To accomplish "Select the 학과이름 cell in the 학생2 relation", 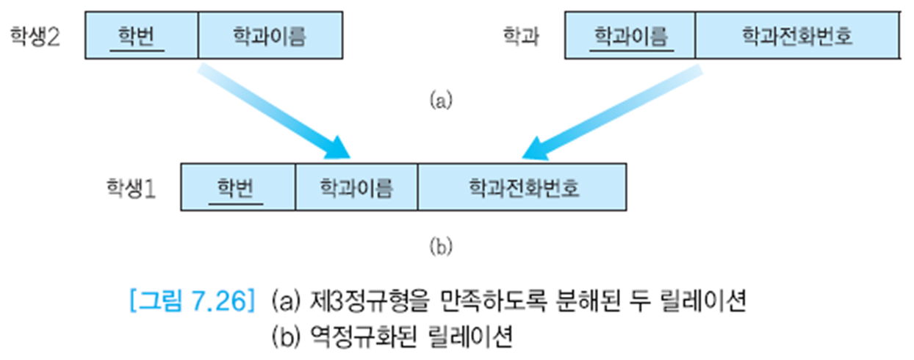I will pos(270,35).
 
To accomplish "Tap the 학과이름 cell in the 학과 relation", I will pos(630,35).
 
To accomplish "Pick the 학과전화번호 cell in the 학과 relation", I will pos(797,35).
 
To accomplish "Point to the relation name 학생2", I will pos(35,35).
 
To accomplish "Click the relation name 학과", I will pos(521,35).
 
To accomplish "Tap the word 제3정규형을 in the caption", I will pos(350,301).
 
